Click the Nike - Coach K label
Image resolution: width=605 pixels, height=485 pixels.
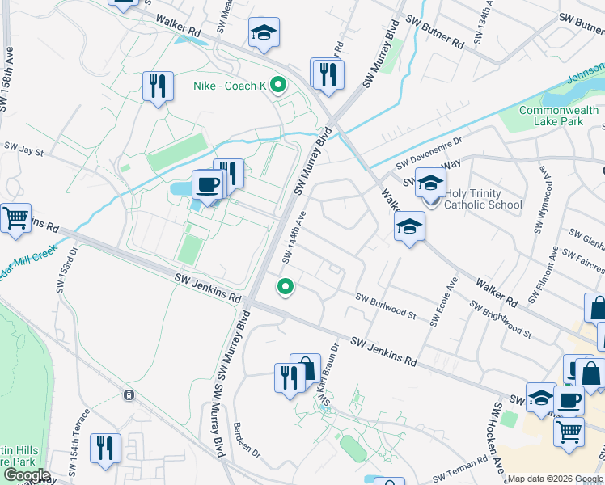pyautogui.click(x=229, y=86)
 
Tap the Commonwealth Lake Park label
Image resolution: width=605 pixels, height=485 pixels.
pyautogui.click(x=551, y=116)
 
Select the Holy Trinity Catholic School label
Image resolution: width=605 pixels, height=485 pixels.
pyautogui.click(x=484, y=199)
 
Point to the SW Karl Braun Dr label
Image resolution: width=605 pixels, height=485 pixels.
pyautogui.click(x=329, y=373)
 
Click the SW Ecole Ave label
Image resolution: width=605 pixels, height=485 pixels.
pyautogui.click(x=445, y=302)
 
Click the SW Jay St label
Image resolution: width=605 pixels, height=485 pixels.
pyautogui.click(x=23, y=148)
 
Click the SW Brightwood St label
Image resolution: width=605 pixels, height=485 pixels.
pyautogui.click(x=501, y=319)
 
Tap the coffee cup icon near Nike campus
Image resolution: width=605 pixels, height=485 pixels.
pyautogui.click(x=207, y=185)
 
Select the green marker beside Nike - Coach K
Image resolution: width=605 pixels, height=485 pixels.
pyautogui.click(x=279, y=85)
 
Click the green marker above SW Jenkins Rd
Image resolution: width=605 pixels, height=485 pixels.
pyautogui.click(x=285, y=286)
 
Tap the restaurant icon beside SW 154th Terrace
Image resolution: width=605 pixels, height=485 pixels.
pyautogui.click(x=105, y=448)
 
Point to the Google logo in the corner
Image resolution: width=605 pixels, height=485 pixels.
pyautogui.click(x=27, y=475)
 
